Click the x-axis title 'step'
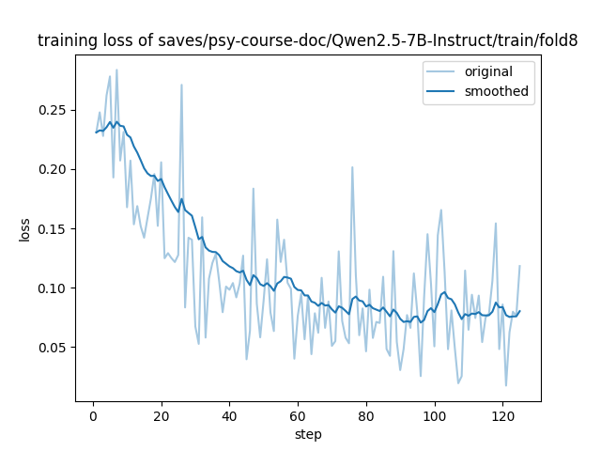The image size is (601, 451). (308, 434)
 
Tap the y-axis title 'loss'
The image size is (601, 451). (24, 228)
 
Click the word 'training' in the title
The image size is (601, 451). (67, 41)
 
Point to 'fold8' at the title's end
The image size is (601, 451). (558, 41)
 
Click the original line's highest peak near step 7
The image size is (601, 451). (116, 70)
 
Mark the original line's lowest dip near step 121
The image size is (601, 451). (506, 385)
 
